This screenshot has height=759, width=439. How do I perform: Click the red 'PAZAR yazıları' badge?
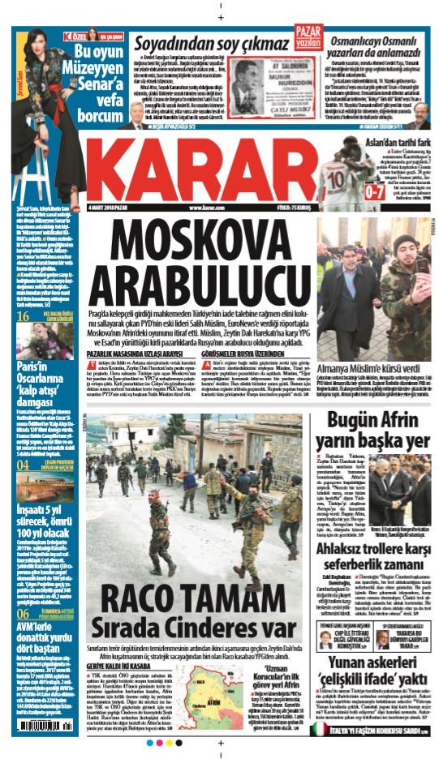[304, 35]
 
